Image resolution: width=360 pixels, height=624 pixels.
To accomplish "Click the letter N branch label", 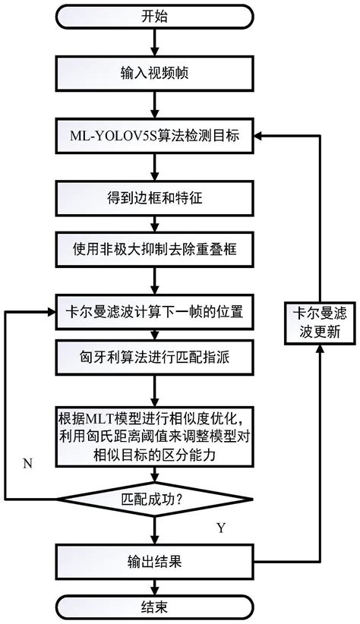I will pyautogui.click(x=27, y=464).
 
